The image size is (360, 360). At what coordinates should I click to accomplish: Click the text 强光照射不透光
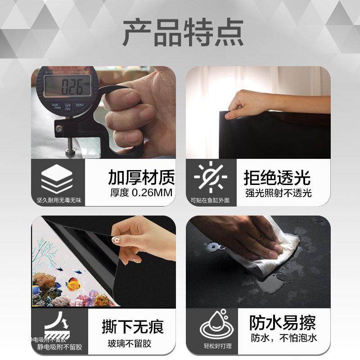278,193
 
